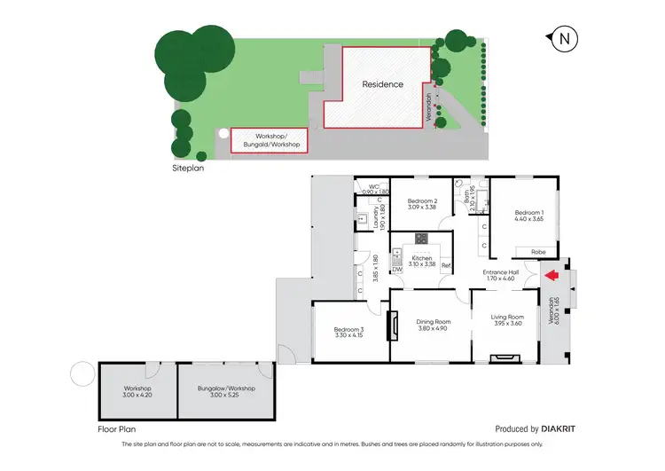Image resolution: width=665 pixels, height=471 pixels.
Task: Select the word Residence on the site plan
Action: (382, 85)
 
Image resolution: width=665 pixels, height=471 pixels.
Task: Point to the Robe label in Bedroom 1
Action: (538, 252)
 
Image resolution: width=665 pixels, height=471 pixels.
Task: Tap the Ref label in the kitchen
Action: (446, 266)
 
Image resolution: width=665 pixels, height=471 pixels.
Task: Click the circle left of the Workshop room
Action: (82, 374)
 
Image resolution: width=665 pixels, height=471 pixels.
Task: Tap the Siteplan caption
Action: (189, 166)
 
